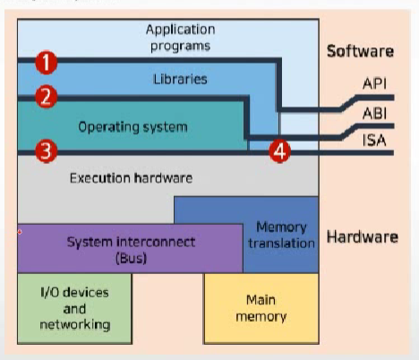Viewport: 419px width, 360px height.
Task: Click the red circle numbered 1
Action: coord(47,63)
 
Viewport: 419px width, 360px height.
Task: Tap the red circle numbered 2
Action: coord(47,97)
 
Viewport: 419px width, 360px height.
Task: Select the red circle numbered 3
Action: coord(47,151)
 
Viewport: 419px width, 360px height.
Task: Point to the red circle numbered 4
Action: coord(279,151)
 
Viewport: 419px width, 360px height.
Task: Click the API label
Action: coord(374,83)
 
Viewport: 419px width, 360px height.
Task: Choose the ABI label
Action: coord(374,114)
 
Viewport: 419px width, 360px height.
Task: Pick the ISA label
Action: coord(374,141)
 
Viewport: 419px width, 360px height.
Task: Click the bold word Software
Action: coord(360,51)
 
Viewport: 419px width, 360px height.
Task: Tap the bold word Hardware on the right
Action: coord(363,237)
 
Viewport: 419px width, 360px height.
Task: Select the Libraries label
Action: coord(180,80)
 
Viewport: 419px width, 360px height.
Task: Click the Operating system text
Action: coord(133,127)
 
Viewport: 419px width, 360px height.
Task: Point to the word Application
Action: coord(181,30)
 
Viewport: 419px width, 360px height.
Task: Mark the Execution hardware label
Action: coord(131,178)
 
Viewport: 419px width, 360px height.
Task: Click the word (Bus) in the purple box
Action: coord(131,258)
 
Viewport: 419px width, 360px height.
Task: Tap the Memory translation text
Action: coord(281,236)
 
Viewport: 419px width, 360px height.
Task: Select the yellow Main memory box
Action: coord(261,309)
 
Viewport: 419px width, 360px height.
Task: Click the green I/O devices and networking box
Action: coord(74,309)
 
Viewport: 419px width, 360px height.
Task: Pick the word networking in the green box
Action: coord(75,325)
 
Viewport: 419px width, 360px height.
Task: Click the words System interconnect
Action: coord(131,242)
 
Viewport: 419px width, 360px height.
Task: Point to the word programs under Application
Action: coord(180,47)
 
